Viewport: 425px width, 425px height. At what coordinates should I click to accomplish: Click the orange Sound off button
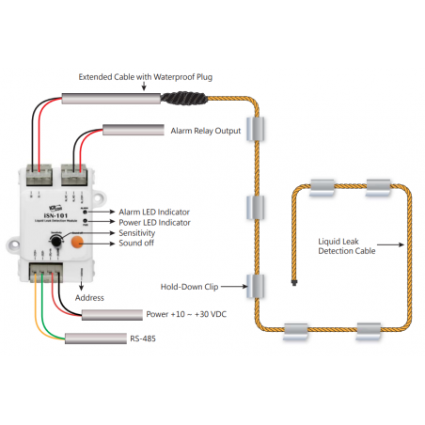click(77, 243)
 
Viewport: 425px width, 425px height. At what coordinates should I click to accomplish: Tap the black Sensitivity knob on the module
click(57, 243)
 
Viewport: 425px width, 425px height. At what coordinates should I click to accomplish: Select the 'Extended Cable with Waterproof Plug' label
click(145, 77)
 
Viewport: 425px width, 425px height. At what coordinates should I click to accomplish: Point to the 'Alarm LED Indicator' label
click(156, 212)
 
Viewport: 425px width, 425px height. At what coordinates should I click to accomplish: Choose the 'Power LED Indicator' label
click(156, 223)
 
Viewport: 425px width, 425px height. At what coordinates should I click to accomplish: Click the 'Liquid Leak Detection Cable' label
click(347, 246)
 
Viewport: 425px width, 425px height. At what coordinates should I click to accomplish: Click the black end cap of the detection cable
click(295, 280)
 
